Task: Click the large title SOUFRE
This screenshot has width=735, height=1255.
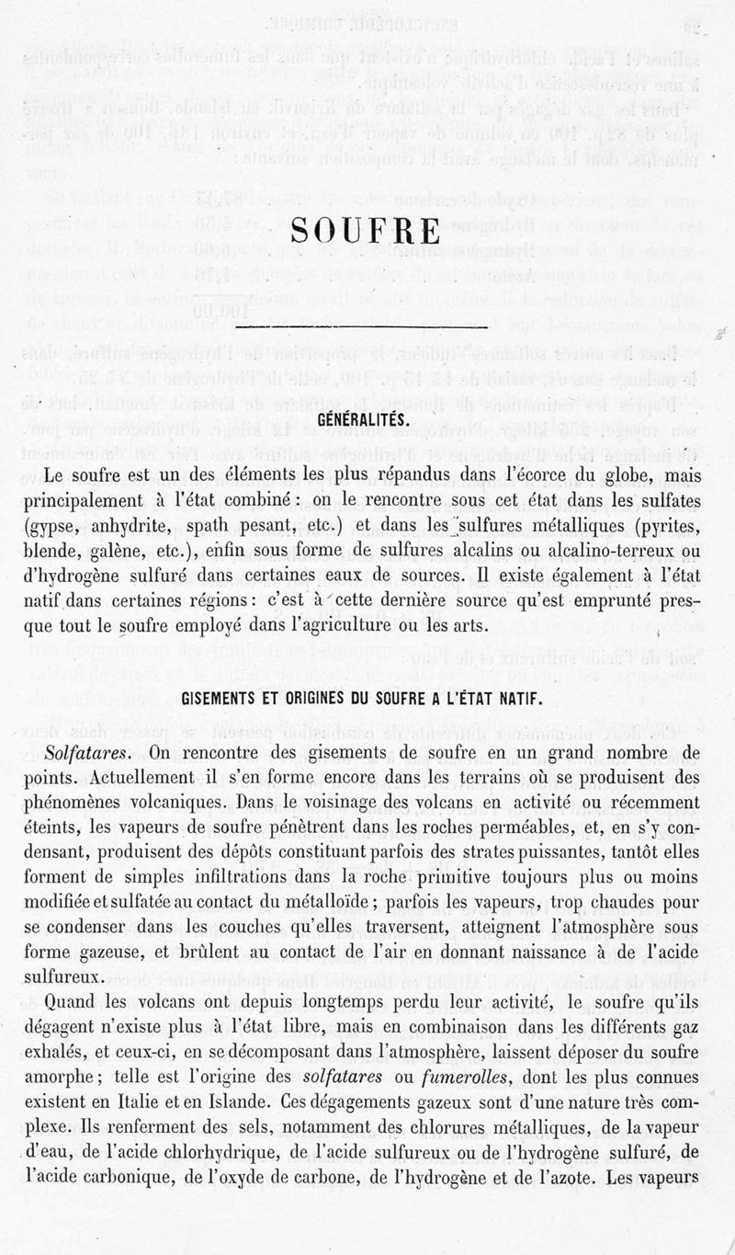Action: pos(367,229)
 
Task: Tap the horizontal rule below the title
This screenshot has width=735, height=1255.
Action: pos(367,325)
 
